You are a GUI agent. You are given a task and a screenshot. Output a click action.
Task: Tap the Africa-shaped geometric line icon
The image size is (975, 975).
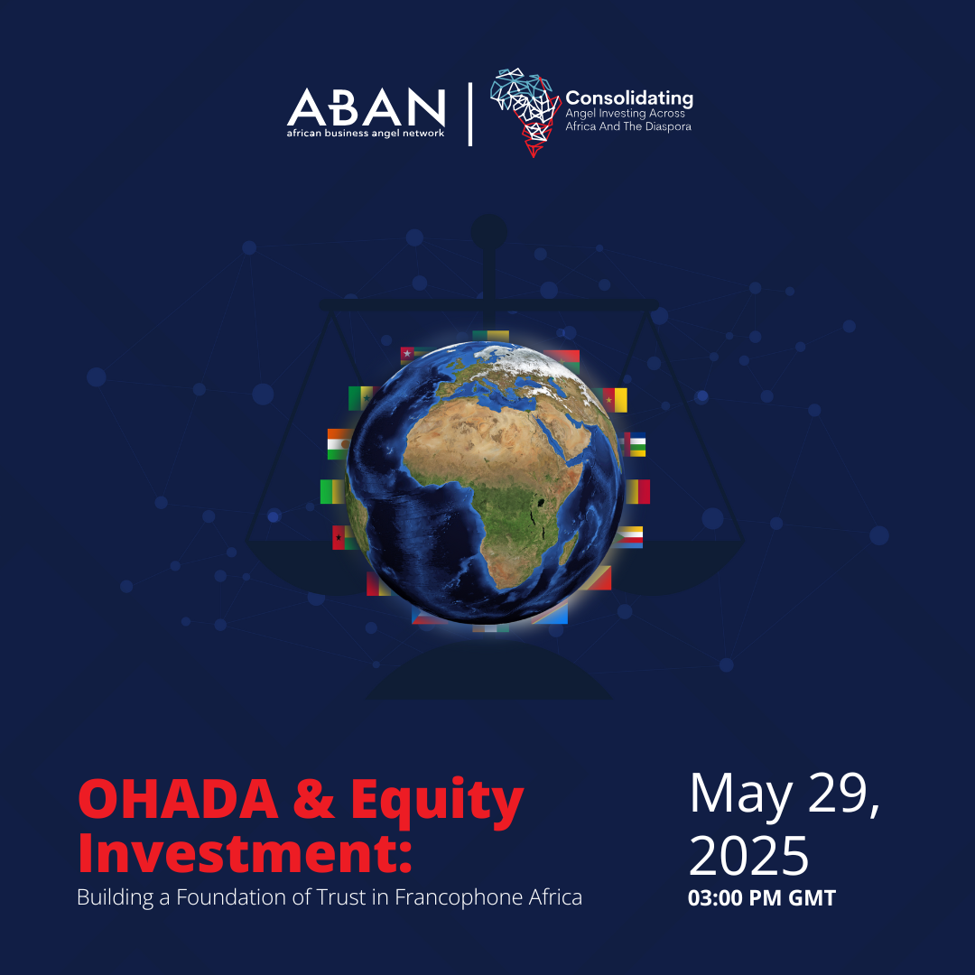[x=525, y=112]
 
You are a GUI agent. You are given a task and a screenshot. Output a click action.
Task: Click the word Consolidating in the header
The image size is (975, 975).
[x=629, y=99]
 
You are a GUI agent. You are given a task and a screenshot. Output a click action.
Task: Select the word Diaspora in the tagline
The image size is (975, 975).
[x=668, y=127]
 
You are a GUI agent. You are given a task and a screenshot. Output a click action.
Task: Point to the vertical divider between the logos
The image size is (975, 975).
[x=470, y=115]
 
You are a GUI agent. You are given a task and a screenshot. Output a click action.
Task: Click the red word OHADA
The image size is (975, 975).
[x=179, y=800]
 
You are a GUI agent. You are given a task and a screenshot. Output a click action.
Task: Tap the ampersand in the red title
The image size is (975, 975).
[x=315, y=800]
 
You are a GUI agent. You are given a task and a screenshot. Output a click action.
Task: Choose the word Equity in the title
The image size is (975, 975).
[x=437, y=803]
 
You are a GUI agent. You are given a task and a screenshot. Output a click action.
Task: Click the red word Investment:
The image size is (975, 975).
[x=245, y=854]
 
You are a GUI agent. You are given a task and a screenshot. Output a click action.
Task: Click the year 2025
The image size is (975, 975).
[x=748, y=856]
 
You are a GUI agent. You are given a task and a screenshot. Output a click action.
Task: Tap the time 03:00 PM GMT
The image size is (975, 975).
[x=762, y=898]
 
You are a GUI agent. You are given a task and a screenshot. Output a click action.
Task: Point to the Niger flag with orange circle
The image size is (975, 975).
[x=339, y=444]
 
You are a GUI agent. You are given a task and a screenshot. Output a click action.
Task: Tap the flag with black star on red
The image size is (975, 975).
[x=342, y=537]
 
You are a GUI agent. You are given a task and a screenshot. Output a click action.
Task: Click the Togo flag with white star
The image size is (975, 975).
[x=413, y=355]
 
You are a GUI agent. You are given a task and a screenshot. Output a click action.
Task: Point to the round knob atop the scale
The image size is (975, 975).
[x=488, y=232]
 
